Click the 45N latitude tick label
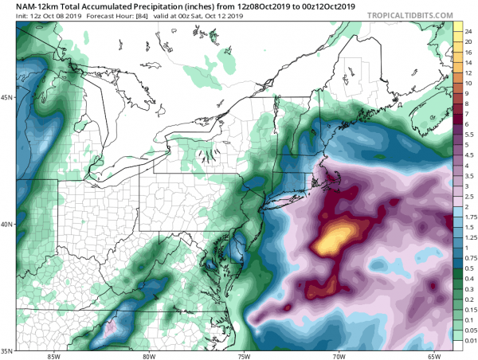[x=8, y=97]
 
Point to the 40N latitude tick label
[x=8, y=224]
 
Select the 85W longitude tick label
[x=53, y=355]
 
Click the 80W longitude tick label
[x=148, y=355]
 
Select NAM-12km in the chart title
[x=29, y=6]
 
